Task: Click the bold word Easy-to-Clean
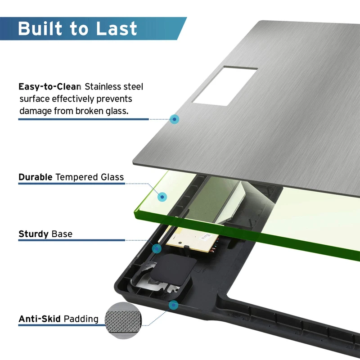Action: (x=49, y=86)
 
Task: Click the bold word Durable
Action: (x=36, y=177)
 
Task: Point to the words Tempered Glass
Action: (x=90, y=177)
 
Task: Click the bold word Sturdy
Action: (x=33, y=234)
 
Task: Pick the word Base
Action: (x=62, y=234)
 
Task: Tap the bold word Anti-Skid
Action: (x=39, y=319)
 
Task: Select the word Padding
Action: (x=81, y=319)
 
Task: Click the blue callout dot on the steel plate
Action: (x=175, y=119)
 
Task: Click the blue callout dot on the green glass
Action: (x=162, y=197)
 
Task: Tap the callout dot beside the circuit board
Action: (x=157, y=248)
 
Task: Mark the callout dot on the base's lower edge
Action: (x=173, y=306)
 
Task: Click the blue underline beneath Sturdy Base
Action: (x=72, y=240)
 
